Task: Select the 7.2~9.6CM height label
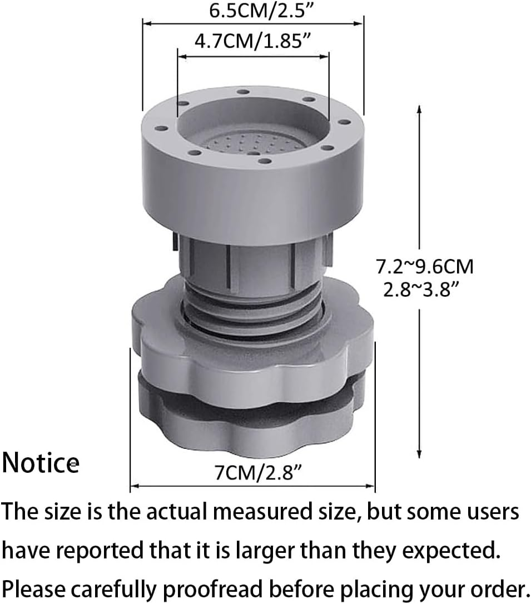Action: (424, 267)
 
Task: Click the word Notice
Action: (40, 463)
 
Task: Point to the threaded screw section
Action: (253, 311)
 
